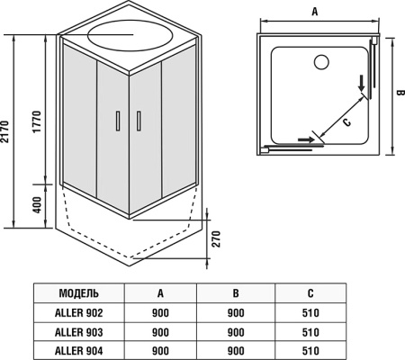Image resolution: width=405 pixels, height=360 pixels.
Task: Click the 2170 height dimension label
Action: click(4, 131)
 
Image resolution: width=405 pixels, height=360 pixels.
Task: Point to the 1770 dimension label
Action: click(37, 121)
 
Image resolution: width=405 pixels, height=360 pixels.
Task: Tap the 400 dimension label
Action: click(37, 205)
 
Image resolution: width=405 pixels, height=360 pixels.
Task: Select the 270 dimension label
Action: click(216, 238)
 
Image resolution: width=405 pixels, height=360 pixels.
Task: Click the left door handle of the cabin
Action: click(118, 121)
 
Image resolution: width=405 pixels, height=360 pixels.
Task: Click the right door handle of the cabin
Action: click(139, 121)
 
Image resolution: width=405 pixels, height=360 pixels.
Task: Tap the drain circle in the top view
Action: click(321, 62)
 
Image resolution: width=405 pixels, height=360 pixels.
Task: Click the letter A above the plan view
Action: click(315, 12)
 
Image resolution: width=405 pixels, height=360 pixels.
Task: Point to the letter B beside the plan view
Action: click(400, 93)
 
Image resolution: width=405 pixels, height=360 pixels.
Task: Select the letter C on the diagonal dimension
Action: click(346, 122)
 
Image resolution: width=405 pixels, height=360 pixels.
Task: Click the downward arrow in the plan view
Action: click(362, 84)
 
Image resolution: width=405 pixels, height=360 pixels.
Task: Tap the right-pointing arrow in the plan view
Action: click(306, 139)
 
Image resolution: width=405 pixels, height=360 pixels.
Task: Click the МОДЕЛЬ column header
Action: click(78, 293)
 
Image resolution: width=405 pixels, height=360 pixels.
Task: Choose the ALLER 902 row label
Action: click(78, 313)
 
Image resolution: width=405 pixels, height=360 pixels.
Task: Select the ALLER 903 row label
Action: click(78, 332)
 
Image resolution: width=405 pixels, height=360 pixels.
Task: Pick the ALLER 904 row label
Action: click(78, 350)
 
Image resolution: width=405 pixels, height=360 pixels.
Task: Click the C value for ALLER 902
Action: click(310, 313)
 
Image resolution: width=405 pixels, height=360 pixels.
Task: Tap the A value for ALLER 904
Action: click(160, 350)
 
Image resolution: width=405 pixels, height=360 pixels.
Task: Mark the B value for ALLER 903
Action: click(236, 332)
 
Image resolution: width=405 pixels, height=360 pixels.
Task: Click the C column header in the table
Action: click(310, 293)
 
